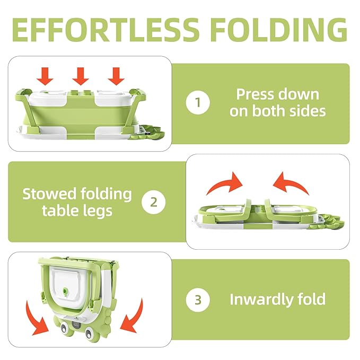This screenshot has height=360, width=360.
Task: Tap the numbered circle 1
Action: [x=198, y=103]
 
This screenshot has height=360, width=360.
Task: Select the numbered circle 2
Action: [x=154, y=202]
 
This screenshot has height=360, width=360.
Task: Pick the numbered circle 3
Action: [x=198, y=300]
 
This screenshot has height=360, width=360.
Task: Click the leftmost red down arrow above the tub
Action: [x=46, y=76]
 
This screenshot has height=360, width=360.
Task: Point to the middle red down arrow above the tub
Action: [x=81, y=76]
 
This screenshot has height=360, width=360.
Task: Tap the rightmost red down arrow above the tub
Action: [x=116, y=76]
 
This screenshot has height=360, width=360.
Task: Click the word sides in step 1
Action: [x=306, y=111]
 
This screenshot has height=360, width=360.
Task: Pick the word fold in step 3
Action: [x=311, y=299]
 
